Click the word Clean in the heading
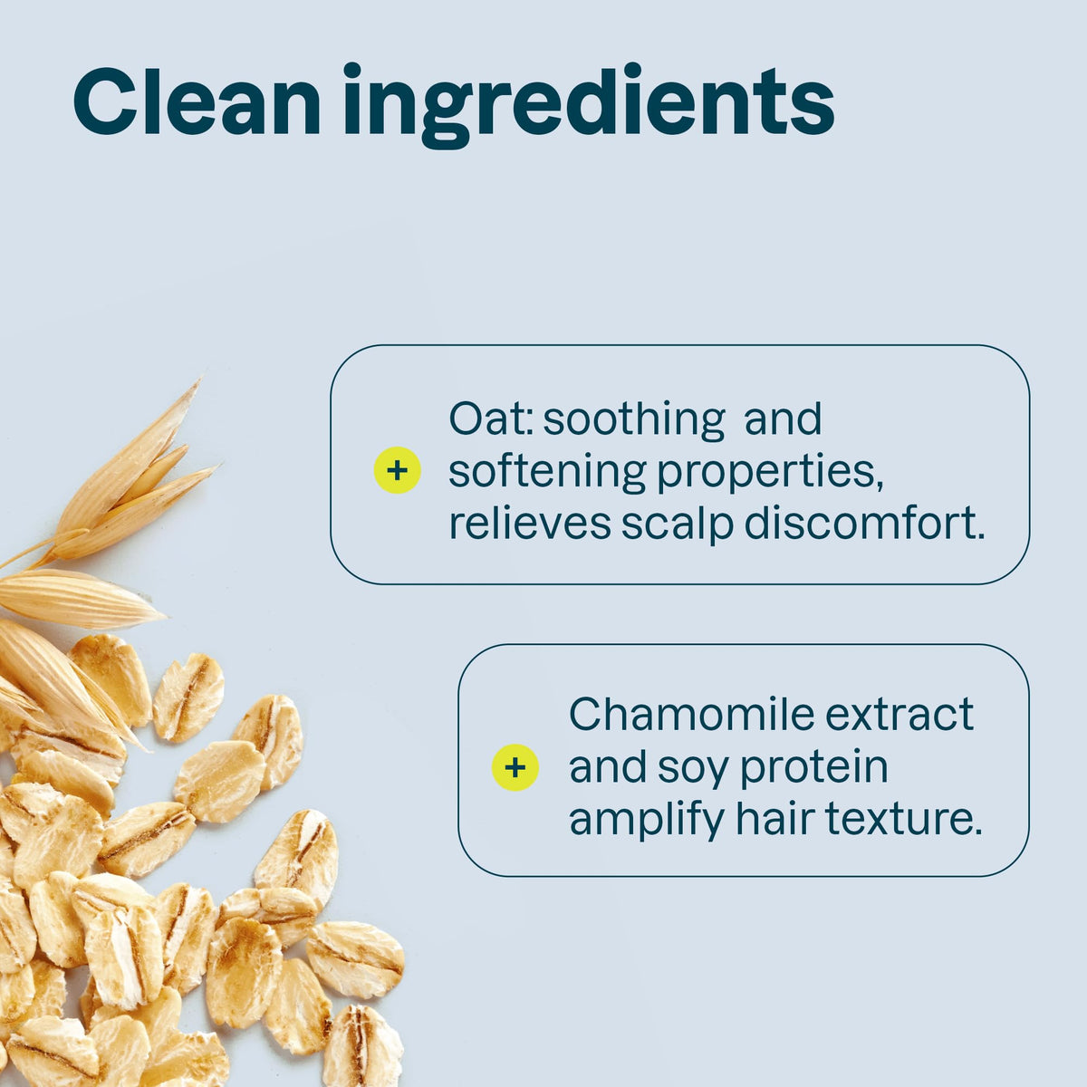click(x=197, y=101)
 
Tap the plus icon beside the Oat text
click(x=397, y=470)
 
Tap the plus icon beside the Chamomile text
click(x=515, y=767)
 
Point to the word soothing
click(x=634, y=421)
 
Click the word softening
click(x=547, y=474)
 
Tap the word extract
click(x=899, y=717)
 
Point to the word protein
click(x=814, y=770)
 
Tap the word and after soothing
click(x=783, y=419)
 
